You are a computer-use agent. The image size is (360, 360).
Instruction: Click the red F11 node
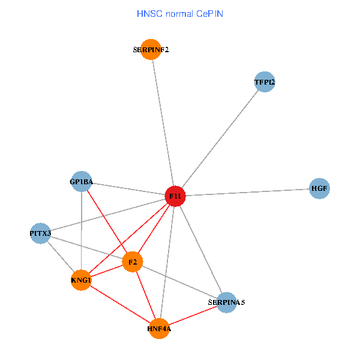click(175, 196)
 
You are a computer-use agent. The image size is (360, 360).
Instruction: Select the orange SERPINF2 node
click(151, 50)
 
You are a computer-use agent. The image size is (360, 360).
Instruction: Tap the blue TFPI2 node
click(264, 82)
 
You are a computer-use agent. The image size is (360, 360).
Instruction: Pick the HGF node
click(319, 188)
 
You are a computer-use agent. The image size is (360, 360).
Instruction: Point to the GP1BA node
click(81, 181)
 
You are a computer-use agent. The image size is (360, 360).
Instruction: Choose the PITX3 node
click(40, 233)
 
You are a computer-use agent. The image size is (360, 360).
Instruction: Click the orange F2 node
click(133, 262)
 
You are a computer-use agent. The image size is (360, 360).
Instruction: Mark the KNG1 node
click(81, 280)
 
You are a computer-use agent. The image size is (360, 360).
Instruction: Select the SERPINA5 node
click(226, 302)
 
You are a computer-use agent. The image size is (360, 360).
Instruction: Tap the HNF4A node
click(159, 328)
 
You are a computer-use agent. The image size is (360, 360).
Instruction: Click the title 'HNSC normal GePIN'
click(180, 13)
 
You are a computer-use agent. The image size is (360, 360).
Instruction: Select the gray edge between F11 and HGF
click(247, 193)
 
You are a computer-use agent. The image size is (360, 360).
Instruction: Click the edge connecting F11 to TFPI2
click(220, 139)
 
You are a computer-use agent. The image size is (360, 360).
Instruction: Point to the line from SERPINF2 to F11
click(163, 123)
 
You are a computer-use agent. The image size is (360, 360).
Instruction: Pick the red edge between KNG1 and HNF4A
click(120, 304)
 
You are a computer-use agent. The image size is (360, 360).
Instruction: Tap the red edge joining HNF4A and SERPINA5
click(193, 316)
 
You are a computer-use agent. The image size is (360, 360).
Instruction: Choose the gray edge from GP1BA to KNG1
click(81, 231)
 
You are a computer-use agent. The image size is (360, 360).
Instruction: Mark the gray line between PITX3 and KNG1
click(61, 257)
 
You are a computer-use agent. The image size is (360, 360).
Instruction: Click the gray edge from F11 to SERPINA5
click(200, 249)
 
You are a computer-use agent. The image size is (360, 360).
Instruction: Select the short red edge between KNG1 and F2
click(107, 271)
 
